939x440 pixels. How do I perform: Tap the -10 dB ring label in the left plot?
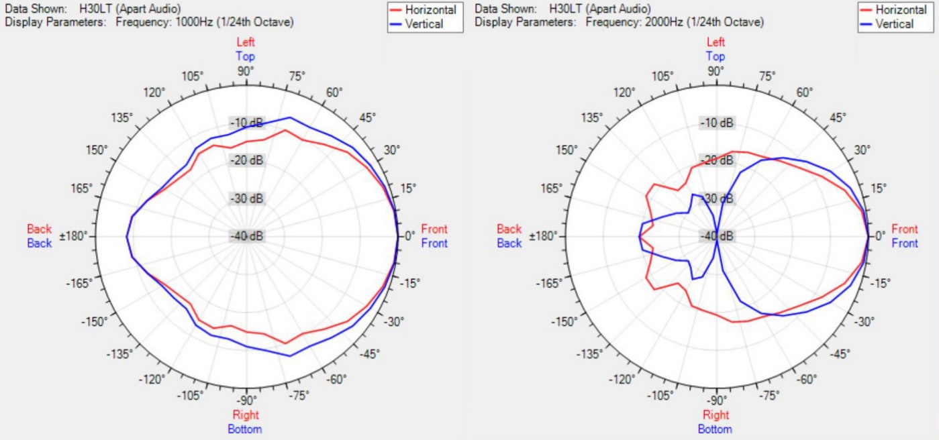(247, 123)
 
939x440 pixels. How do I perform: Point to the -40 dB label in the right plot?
(717, 236)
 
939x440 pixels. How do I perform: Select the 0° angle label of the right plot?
(881, 236)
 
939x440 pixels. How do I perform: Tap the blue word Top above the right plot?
(715, 57)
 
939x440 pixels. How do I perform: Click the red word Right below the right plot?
(715, 415)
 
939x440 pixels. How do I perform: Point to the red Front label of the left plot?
(434, 229)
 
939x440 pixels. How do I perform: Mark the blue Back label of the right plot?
(509, 243)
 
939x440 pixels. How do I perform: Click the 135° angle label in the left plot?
(122, 117)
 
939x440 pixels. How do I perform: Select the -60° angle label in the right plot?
(807, 380)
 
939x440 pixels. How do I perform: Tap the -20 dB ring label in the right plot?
(717, 161)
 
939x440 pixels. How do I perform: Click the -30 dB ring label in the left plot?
(247, 199)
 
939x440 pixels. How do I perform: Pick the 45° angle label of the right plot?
(837, 117)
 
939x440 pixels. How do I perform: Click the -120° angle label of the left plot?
(151, 380)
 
